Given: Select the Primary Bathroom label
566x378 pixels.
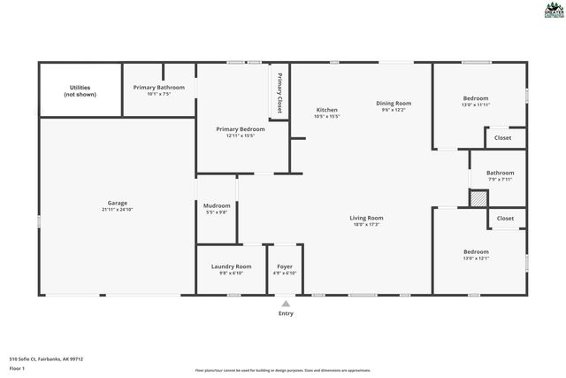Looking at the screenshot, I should [159, 88].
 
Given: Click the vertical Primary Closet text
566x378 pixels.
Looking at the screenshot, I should [279, 90].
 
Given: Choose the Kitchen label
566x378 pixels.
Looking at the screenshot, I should [326, 109].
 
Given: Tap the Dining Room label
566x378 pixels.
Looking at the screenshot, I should [393, 103].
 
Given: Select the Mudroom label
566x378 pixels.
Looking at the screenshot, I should [217, 205].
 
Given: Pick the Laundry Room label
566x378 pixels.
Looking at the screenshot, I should [231, 266].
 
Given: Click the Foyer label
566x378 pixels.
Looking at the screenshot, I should [285, 266].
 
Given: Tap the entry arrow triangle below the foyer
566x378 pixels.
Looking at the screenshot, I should [285, 304].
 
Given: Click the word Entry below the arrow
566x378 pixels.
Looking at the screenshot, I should [286, 313].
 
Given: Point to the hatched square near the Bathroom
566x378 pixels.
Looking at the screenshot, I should [478, 201].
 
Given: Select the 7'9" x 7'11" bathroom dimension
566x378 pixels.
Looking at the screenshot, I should [500, 180].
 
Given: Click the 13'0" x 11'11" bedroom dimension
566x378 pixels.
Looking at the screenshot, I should [475, 105].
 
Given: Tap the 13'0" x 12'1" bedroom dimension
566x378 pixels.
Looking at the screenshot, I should [475, 258].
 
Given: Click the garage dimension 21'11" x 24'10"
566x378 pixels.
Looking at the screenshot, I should [118, 210].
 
